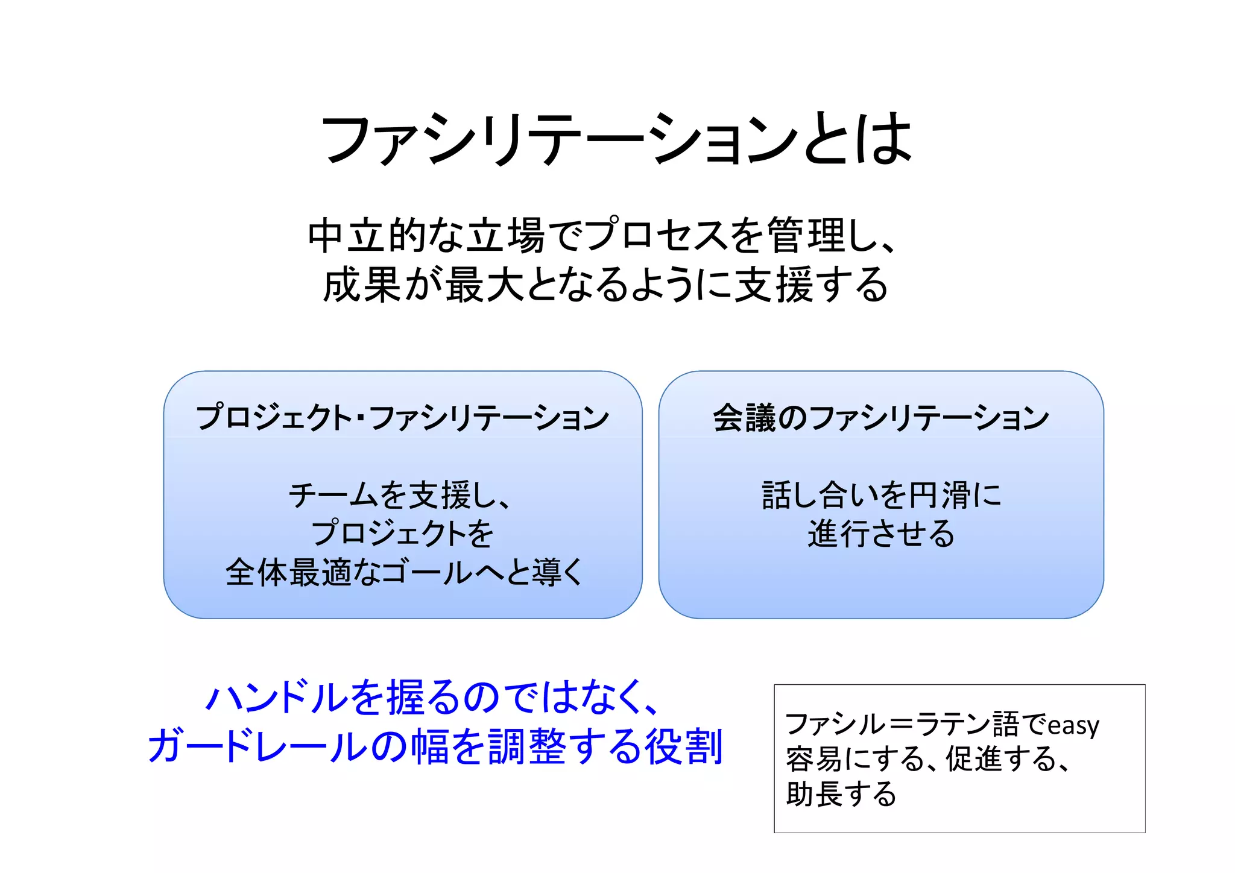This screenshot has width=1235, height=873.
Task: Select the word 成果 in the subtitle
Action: [362, 285]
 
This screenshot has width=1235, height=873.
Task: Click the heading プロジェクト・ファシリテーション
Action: [402, 418]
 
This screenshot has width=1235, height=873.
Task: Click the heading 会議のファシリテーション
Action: [880, 418]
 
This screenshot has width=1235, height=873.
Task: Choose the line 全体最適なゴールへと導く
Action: [403, 572]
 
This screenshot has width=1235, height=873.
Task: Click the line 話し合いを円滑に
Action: [880, 496]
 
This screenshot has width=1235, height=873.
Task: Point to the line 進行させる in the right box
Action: [880, 534]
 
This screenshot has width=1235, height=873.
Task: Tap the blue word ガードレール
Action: [257, 746]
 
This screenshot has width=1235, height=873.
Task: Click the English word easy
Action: [1073, 725]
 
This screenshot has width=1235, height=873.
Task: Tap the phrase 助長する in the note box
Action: [841, 794]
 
